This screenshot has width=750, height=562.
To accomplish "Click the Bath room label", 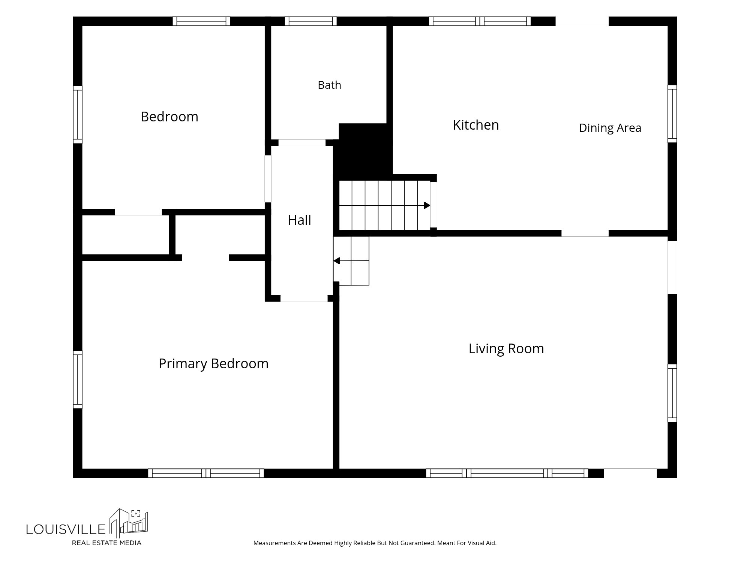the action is [x=329, y=85].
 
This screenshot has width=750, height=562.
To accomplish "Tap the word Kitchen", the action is [x=476, y=125].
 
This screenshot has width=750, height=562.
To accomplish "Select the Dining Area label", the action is [x=610, y=128].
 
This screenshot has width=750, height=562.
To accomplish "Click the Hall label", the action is [x=299, y=220].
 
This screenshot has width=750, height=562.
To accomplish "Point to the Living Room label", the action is [x=506, y=348].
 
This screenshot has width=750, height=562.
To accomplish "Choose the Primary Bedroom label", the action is [x=213, y=363].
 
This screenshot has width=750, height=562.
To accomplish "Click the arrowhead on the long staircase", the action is [x=427, y=205].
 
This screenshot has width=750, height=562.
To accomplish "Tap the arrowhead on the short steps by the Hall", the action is [x=336, y=261].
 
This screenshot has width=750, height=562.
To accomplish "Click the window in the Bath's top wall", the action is [x=310, y=21].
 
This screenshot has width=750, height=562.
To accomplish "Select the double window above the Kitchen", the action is [x=480, y=21].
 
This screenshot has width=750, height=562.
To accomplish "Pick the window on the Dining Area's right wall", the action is [x=672, y=114].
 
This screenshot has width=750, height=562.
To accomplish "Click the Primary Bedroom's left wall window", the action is [x=78, y=380].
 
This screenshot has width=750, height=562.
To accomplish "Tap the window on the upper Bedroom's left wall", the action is [x=78, y=115].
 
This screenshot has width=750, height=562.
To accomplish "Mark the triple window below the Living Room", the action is [x=507, y=473].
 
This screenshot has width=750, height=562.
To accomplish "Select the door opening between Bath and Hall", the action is [x=302, y=143].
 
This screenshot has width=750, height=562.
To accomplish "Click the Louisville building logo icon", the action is [x=129, y=522].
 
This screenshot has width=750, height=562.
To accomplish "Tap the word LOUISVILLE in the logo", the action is [x=66, y=529].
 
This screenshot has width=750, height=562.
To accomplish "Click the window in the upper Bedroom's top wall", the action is [x=201, y=21].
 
